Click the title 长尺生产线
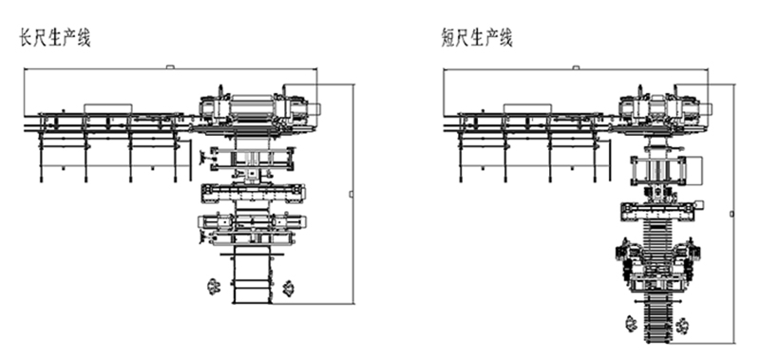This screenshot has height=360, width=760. tap(55, 38)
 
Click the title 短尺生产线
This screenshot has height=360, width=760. tap(477, 38)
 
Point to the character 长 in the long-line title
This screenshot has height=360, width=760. tap(26, 38)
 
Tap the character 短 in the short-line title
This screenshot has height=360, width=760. tap(447, 38)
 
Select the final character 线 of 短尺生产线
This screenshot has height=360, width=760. tap(506, 38)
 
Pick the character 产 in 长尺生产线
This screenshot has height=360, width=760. tap(69, 38)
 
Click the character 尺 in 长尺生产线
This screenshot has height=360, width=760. tap(40, 38)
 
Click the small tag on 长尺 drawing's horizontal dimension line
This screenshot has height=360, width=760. tap(170, 66)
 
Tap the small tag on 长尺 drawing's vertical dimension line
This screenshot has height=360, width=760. tap(351, 195)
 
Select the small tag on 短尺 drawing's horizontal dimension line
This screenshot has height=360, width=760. tap(576, 67)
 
